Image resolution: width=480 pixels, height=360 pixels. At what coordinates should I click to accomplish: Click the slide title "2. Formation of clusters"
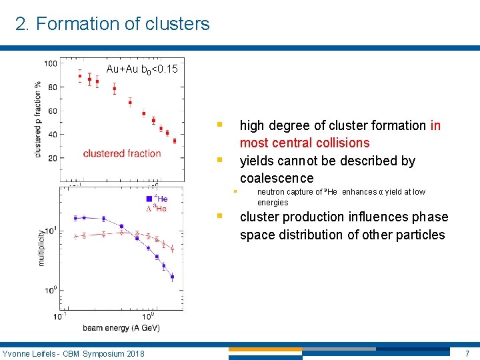[112, 24]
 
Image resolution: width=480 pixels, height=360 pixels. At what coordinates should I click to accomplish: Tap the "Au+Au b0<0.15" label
[142, 69]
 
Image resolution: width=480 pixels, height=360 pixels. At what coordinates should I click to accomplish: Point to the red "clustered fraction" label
[122, 153]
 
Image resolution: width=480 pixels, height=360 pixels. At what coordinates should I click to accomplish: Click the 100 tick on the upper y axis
[51, 63]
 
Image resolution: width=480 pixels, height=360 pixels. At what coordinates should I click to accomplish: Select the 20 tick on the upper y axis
[52, 158]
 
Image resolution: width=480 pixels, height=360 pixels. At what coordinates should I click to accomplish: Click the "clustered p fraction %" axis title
[38, 120]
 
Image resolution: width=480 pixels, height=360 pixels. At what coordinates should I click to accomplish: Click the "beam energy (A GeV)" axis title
[121, 327]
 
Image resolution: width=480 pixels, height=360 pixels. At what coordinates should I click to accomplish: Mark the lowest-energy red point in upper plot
[80, 76]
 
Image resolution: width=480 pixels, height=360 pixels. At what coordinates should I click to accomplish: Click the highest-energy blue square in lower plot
[172, 277]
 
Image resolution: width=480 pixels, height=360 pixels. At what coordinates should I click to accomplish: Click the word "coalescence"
[276, 178]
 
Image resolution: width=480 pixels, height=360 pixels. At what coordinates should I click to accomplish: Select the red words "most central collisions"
[304, 143]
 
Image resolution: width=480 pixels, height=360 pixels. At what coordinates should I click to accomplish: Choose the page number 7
[467, 353]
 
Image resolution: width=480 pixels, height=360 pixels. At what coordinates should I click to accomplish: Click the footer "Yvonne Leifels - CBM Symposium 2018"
[73, 353]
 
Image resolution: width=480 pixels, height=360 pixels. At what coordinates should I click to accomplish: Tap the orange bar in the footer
[265, 349]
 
